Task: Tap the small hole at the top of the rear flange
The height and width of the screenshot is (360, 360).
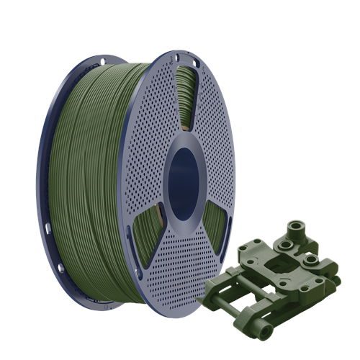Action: tap(102, 62)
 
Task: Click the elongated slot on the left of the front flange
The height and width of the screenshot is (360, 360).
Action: tap(129, 238)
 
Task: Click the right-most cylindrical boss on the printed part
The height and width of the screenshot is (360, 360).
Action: tap(311, 261)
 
